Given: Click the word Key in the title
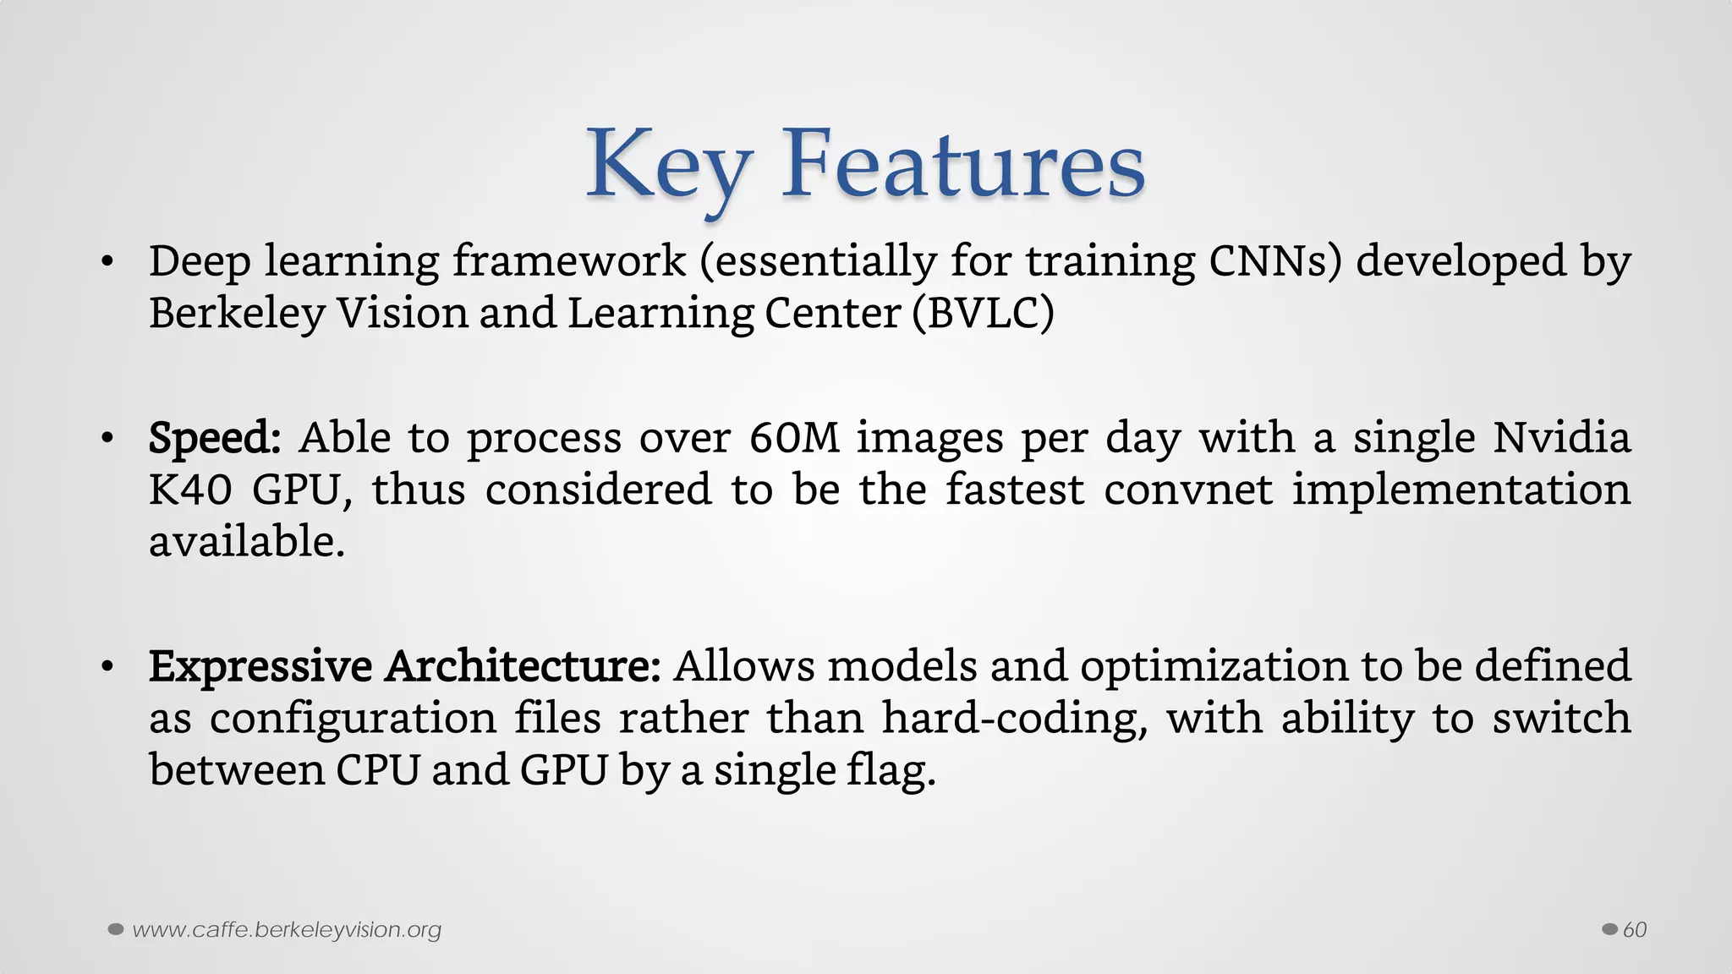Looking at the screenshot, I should tap(668, 165).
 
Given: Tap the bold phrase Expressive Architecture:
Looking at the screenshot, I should tap(404, 666).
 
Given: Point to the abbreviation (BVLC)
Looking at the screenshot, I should tap(983, 314).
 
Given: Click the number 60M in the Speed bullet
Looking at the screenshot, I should tap(794, 438).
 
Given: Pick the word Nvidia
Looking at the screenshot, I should tap(1561, 438).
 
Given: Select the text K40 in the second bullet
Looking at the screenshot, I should tap(190, 490).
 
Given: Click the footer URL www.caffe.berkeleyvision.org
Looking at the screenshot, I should tap(287, 930).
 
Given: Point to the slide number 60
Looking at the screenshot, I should tap(1635, 930).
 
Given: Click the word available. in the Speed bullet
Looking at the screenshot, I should tap(247, 542).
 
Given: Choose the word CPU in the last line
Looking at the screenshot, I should tap(377, 770).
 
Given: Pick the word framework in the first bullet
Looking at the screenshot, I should tap(568, 261).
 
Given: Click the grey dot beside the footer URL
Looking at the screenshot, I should tap(116, 930).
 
